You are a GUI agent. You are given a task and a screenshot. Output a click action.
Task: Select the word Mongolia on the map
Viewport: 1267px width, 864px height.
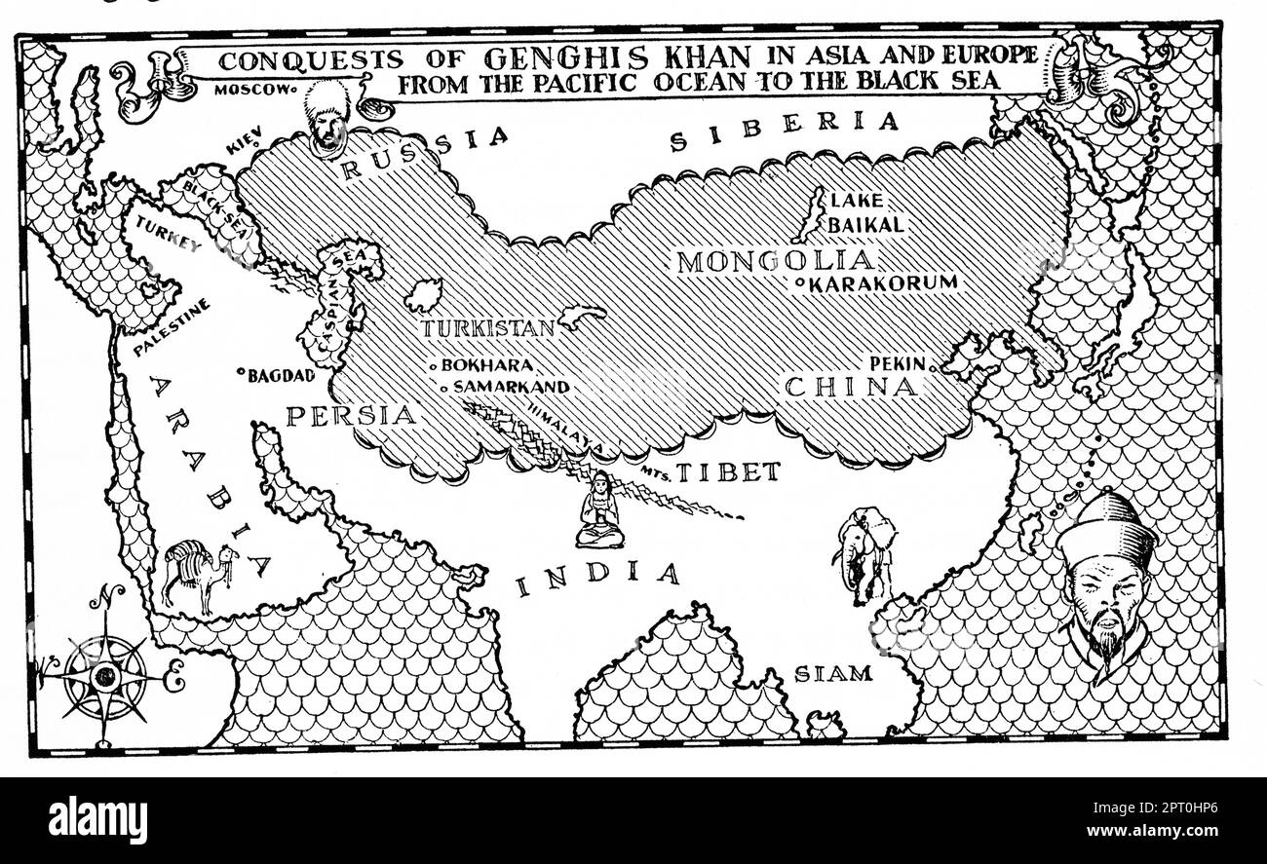tap(777, 260)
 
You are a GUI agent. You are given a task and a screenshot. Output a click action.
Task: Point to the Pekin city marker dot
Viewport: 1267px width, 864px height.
tap(934, 368)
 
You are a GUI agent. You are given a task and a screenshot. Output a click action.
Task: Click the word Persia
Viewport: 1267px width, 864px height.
tap(351, 415)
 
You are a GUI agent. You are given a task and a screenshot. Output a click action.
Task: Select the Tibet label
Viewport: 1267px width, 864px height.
tap(728, 472)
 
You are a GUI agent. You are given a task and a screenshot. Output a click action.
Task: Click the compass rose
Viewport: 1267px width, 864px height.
tap(104, 674)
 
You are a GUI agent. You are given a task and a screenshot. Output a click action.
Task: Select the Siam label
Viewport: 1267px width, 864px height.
tap(833, 673)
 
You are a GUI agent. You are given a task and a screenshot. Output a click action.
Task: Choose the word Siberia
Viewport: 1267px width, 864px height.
tap(784, 132)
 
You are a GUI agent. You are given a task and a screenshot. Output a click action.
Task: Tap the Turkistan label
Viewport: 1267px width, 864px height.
tap(487, 328)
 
